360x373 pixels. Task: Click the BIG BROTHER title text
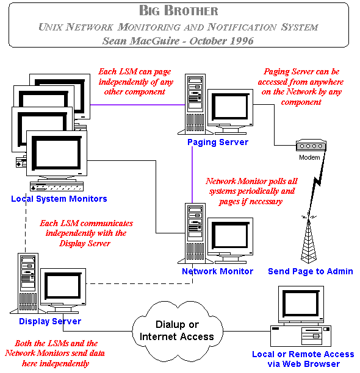tap(179, 11)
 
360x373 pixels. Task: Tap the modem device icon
tap(311, 145)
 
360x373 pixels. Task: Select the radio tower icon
tap(309, 240)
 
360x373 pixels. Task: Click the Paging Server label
tap(218, 142)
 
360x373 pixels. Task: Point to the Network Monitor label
tap(217, 271)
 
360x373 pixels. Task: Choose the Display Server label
tap(50, 321)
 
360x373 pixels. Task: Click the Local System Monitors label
tap(59, 199)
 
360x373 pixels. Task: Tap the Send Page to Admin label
tap(310, 271)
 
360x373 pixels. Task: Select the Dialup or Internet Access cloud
tap(178, 331)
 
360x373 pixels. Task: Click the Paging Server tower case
tap(195, 104)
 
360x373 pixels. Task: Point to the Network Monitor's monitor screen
tap(230, 235)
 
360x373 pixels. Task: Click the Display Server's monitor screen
tap(63, 285)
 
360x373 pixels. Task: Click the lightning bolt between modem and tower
tap(317, 183)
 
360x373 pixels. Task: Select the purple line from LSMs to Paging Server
tap(138, 105)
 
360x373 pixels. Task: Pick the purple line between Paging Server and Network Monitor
tap(192, 175)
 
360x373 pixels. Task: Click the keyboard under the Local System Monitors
tap(57, 187)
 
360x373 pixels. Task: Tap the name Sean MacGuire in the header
tap(141, 41)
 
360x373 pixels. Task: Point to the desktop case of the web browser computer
tap(301, 336)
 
